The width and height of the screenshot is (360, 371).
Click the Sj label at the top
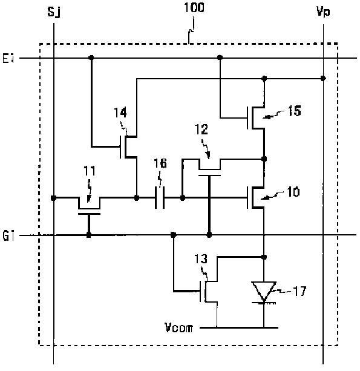(x=54, y=12)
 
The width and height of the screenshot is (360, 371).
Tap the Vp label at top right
(x=323, y=11)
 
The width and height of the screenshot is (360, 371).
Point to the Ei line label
(x=8, y=58)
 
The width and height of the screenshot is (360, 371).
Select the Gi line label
(x=8, y=235)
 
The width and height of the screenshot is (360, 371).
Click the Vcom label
(x=179, y=327)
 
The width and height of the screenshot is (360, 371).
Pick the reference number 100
(x=194, y=7)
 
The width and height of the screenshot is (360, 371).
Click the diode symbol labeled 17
(x=264, y=292)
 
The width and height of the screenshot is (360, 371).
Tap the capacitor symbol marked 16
(x=160, y=197)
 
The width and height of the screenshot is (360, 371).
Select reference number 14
(x=120, y=113)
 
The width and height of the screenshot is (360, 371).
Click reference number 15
(x=294, y=111)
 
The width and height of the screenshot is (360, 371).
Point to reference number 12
(x=201, y=130)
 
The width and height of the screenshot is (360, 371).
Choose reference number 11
(x=90, y=171)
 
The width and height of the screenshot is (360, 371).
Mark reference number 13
(x=201, y=259)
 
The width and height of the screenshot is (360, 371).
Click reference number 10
(x=293, y=192)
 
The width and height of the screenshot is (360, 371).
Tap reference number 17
(x=299, y=291)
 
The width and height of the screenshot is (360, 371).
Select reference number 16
(x=160, y=163)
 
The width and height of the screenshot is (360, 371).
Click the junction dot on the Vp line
(x=323, y=78)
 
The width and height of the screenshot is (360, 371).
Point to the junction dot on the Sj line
(x=54, y=198)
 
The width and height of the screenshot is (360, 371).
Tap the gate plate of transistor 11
(x=89, y=214)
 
